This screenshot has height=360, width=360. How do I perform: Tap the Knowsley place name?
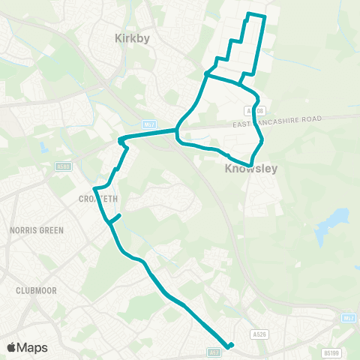250,169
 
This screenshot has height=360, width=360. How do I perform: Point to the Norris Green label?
37,230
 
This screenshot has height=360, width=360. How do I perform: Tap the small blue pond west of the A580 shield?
44,147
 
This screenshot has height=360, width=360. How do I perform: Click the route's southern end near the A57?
230,345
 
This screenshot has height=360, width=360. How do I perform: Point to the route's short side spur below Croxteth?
115,218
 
